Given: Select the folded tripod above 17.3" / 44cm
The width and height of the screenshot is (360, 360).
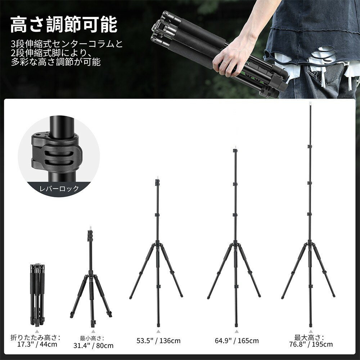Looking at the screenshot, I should (37, 293).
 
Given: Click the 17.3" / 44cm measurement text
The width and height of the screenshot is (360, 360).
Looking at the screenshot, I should (37, 344).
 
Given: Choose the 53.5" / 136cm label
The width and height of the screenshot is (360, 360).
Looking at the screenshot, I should (158, 341).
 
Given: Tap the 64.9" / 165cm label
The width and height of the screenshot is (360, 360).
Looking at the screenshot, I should (237, 341).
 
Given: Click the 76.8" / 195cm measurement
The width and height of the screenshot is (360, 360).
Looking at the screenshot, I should (310, 344).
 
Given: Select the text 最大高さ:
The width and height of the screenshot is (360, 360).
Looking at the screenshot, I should (309, 337).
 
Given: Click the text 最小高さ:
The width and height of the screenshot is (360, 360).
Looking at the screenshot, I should (92, 338).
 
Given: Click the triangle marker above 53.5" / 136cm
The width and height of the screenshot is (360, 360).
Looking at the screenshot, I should (158, 331).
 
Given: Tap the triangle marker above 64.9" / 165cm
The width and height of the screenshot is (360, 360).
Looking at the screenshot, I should (237, 331).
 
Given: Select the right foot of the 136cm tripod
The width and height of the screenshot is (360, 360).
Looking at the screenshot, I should (181, 296).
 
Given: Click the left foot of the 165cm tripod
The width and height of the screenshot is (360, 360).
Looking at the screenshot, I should (209, 298).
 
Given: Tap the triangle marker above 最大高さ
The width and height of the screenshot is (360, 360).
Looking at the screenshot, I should (310, 331).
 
